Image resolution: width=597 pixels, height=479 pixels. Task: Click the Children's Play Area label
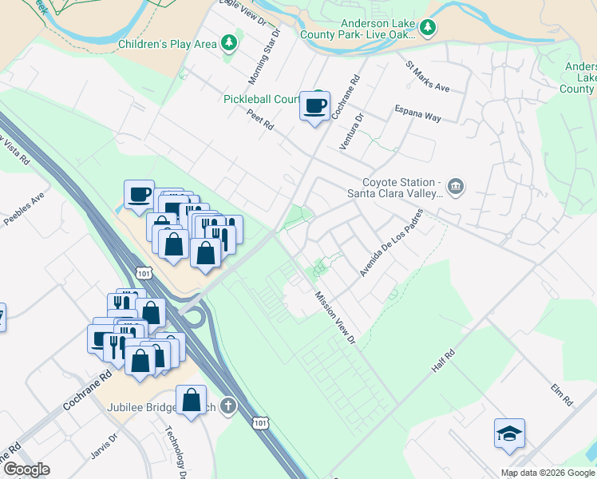click(x=167, y=44)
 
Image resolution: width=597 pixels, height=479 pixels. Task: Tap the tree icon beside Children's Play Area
click(x=230, y=42)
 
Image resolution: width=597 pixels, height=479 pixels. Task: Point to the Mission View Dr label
click(x=335, y=318)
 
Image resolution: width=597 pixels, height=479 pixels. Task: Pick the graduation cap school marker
click(x=509, y=433)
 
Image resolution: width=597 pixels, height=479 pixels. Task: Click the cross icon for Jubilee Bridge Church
click(x=229, y=406)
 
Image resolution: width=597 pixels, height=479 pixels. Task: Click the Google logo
click(x=26, y=469)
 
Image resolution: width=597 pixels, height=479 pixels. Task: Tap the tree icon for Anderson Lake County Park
click(x=429, y=29)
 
